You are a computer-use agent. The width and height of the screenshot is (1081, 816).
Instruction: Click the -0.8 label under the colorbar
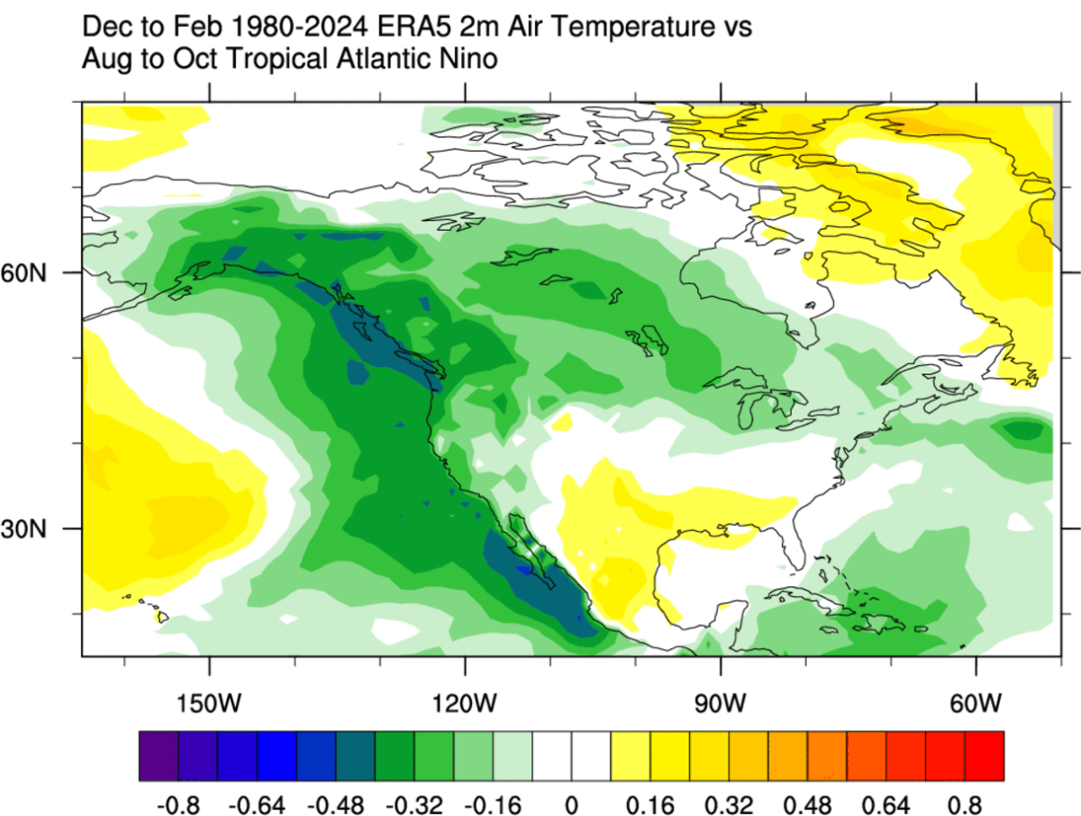(178, 802)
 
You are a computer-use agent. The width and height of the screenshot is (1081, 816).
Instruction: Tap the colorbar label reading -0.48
(335, 802)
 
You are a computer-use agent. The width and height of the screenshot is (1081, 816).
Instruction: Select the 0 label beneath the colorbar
(571, 802)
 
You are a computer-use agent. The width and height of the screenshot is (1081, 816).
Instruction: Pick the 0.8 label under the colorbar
(964, 802)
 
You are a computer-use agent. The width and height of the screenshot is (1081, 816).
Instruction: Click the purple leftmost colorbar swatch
(159, 756)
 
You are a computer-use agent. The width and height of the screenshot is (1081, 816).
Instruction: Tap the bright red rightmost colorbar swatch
(984, 756)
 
